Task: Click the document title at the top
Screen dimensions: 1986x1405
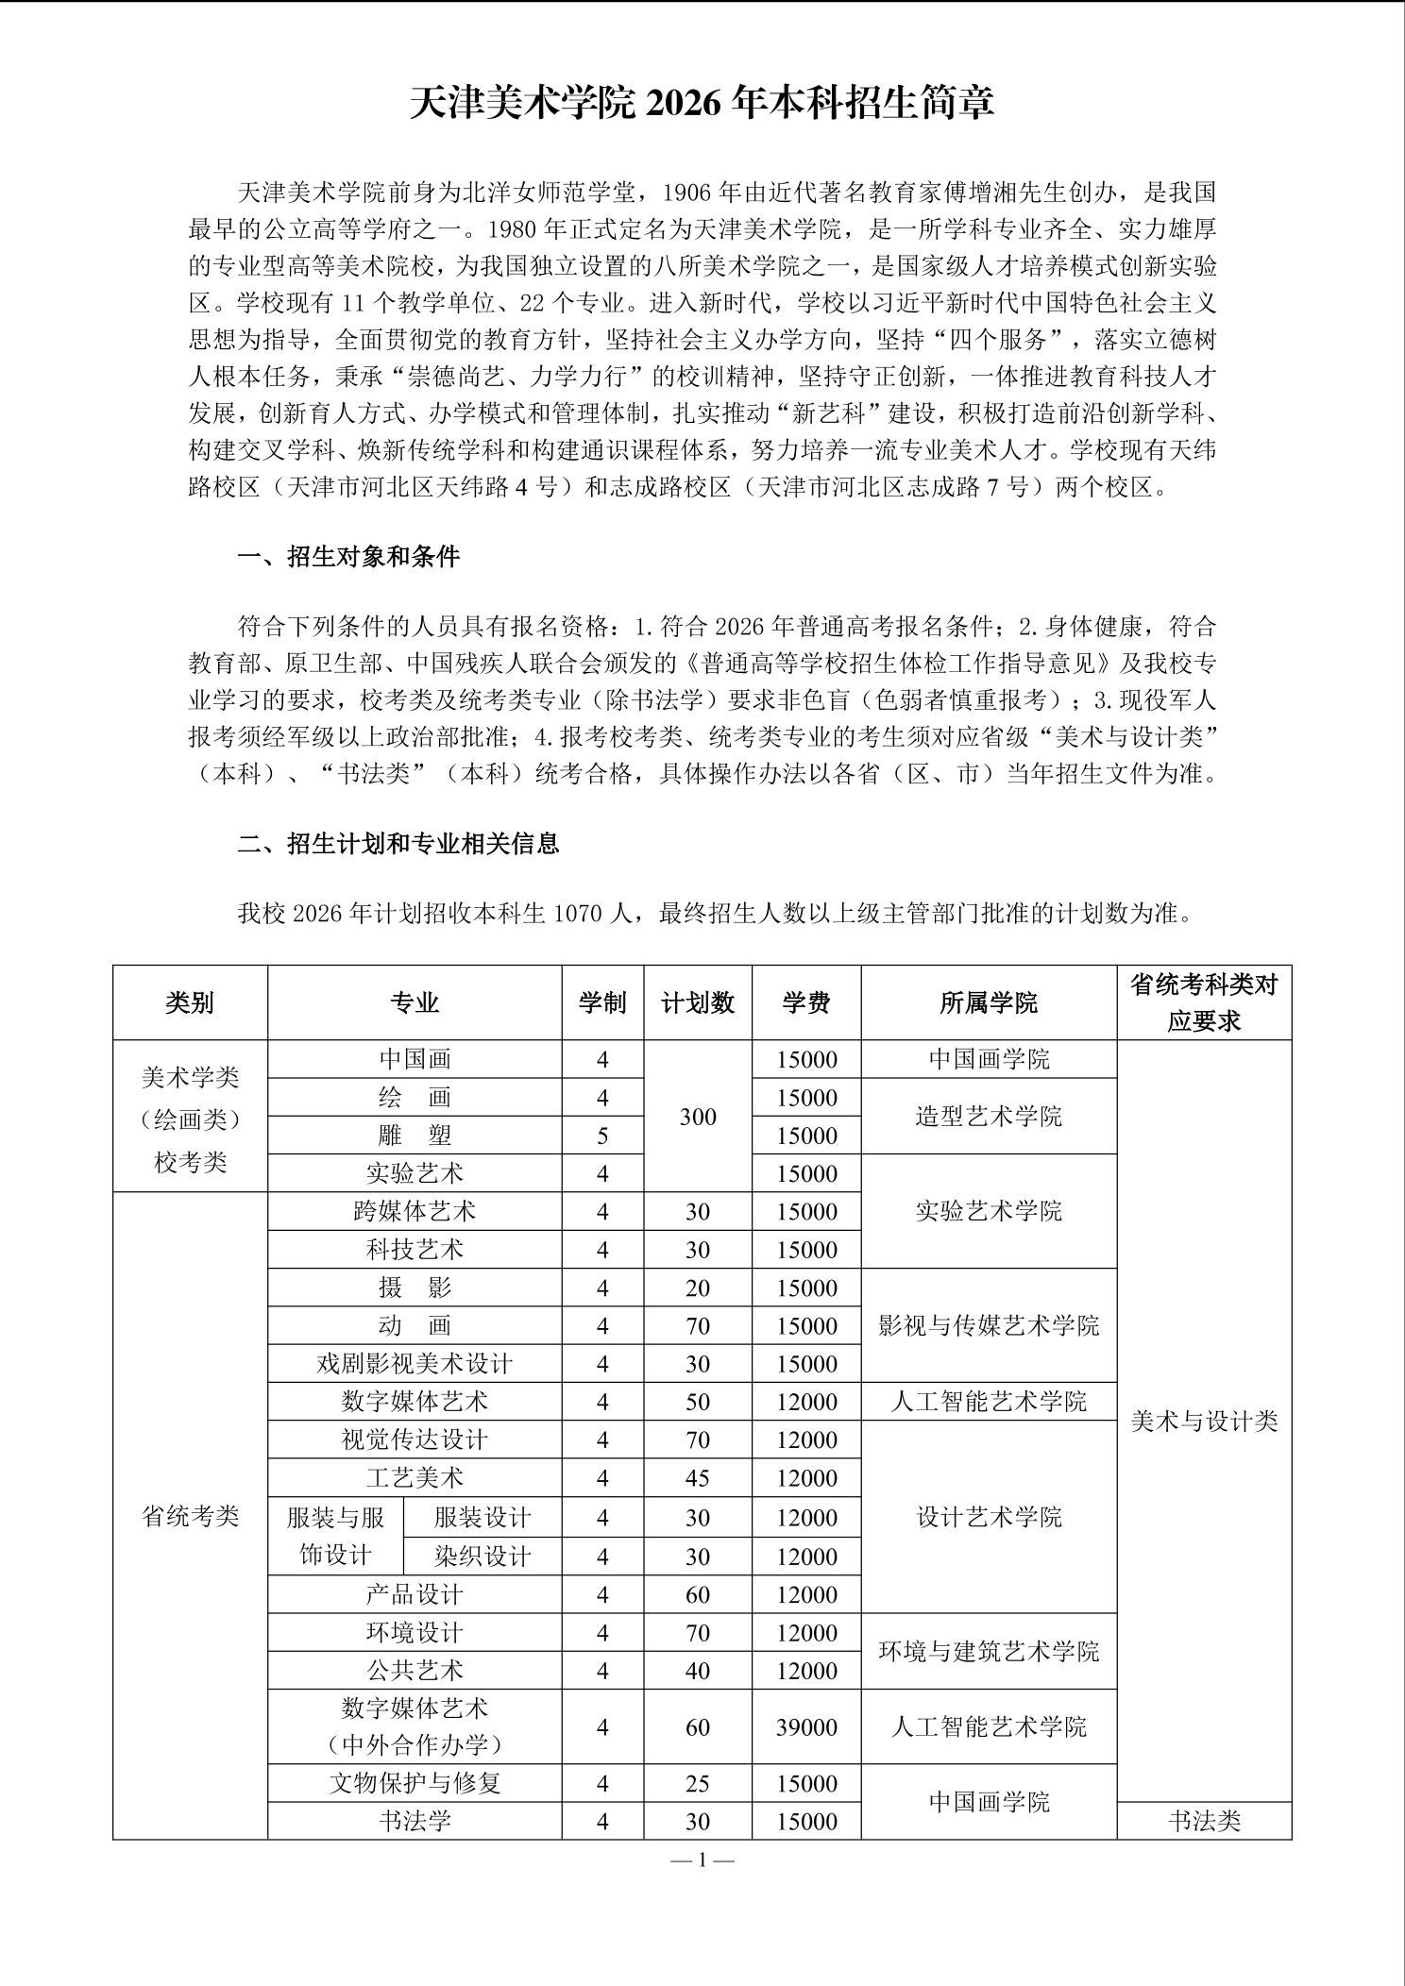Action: coord(702,103)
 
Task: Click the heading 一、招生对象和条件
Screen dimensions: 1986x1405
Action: coord(348,557)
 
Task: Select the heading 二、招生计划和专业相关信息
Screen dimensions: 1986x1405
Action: coord(398,843)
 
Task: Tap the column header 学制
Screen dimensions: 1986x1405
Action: coord(602,1002)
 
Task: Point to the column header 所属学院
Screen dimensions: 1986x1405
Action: coord(989,1002)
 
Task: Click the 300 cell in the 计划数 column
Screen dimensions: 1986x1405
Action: coord(698,1117)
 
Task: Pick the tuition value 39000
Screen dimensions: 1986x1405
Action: coord(806,1727)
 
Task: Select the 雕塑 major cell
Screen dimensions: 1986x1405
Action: coord(415,1136)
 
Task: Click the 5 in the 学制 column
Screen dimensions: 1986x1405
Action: coord(602,1136)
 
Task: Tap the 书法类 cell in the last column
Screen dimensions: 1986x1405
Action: coord(1204,1822)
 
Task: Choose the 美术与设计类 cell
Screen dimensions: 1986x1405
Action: coord(1204,1422)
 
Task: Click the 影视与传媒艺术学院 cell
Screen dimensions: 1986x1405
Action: coord(989,1326)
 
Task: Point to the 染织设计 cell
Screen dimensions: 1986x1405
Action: coord(482,1556)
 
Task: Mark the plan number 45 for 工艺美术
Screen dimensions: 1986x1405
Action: coord(698,1478)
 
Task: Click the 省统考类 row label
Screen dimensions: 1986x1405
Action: coord(190,1517)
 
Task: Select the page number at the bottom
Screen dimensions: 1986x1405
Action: coord(702,1860)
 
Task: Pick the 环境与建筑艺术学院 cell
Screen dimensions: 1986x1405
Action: coord(989,1652)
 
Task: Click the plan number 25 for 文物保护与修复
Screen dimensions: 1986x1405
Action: coord(698,1783)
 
